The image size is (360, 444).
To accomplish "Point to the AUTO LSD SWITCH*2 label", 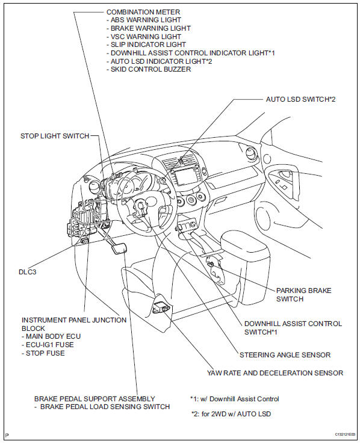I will (x=300, y=99).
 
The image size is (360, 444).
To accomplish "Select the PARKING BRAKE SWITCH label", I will (x=303, y=294).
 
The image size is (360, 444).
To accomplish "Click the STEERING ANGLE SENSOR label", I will (x=285, y=355).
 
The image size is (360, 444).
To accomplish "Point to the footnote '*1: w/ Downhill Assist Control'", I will (x=234, y=399).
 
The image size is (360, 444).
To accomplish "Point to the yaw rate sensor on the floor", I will (x=161, y=307).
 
